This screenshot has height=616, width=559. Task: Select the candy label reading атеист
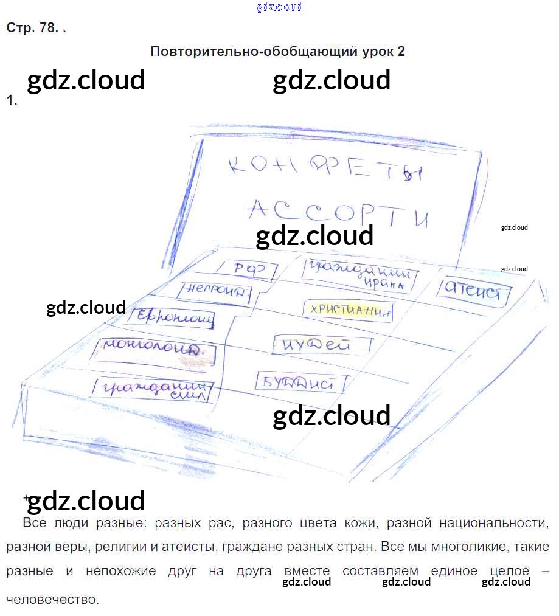click(473, 291)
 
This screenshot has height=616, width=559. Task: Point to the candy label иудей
click(321, 345)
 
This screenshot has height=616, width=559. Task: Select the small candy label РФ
click(246, 269)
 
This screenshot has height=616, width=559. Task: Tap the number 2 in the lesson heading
click(401, 51)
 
